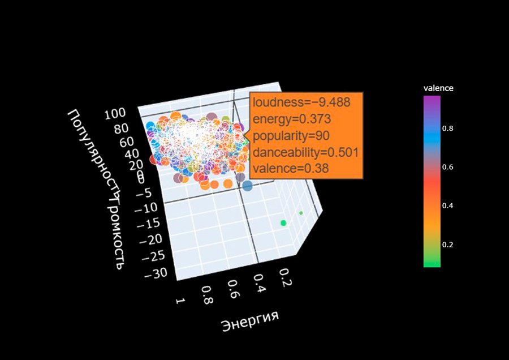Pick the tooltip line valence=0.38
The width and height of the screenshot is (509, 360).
point(288,168)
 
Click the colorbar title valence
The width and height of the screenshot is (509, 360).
point(438,88)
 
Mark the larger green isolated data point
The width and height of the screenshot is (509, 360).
point(283,224)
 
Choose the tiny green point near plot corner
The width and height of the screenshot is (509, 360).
point(301,213)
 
